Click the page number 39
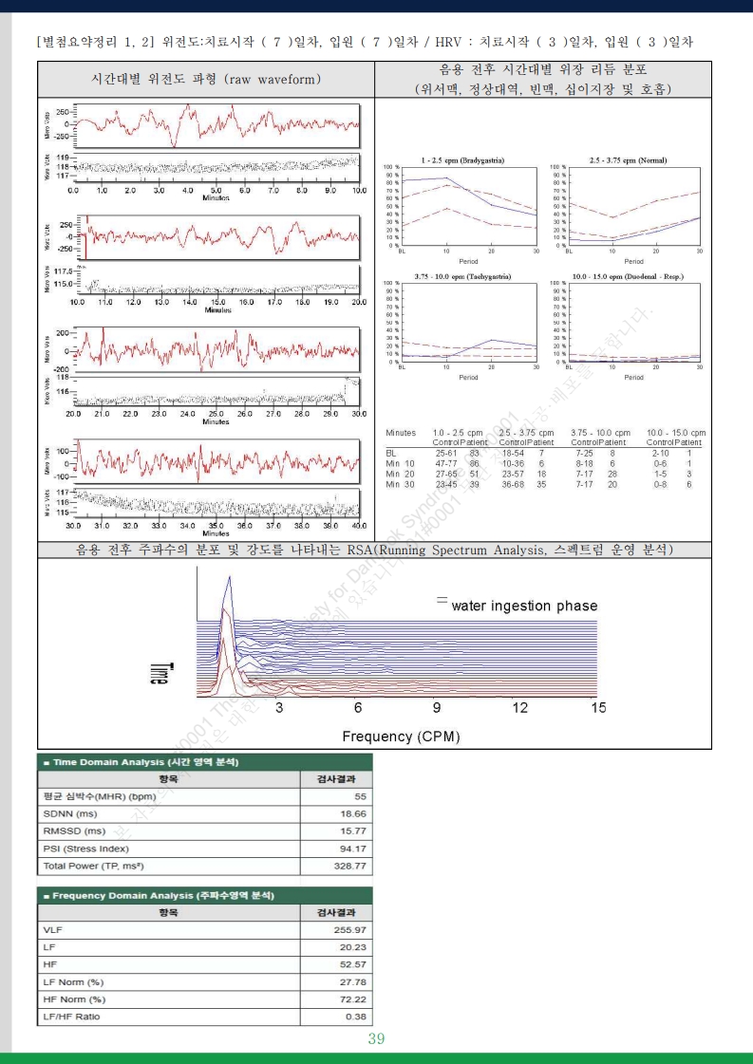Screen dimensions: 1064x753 coord(376,1039)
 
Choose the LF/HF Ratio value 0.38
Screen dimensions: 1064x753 coord(354,1017)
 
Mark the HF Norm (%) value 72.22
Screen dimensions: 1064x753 coord(349,999)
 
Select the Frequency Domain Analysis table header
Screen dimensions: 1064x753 coord(158,895)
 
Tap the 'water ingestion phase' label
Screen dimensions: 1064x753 coord(524,606)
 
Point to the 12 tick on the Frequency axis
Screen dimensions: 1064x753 coord(520,708)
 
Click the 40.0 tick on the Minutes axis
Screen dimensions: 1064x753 coord(358,525)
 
